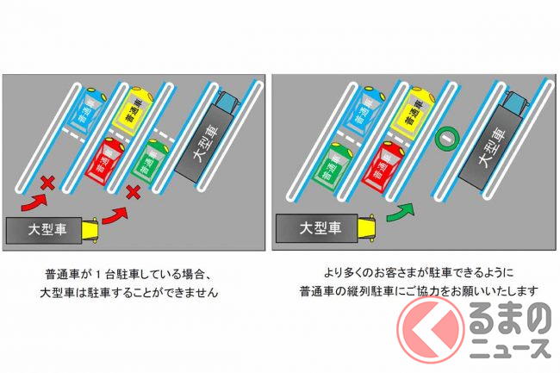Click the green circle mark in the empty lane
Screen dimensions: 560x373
click(447, 138)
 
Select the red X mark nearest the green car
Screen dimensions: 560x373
click(134, 192)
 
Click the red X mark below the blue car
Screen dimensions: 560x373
click(47, 183)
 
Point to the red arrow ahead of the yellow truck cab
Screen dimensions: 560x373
click(115, 215)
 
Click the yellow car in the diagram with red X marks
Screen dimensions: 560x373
click(133, 110)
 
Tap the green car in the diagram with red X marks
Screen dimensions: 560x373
click(149, 160)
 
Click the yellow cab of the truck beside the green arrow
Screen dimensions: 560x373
click(366, 227)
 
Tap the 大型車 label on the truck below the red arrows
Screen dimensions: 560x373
click(47, 229)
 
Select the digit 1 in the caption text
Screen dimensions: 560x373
click(99, 275)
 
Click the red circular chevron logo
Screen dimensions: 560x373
click(431, 329)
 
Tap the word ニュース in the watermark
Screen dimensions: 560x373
click(510, 348)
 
